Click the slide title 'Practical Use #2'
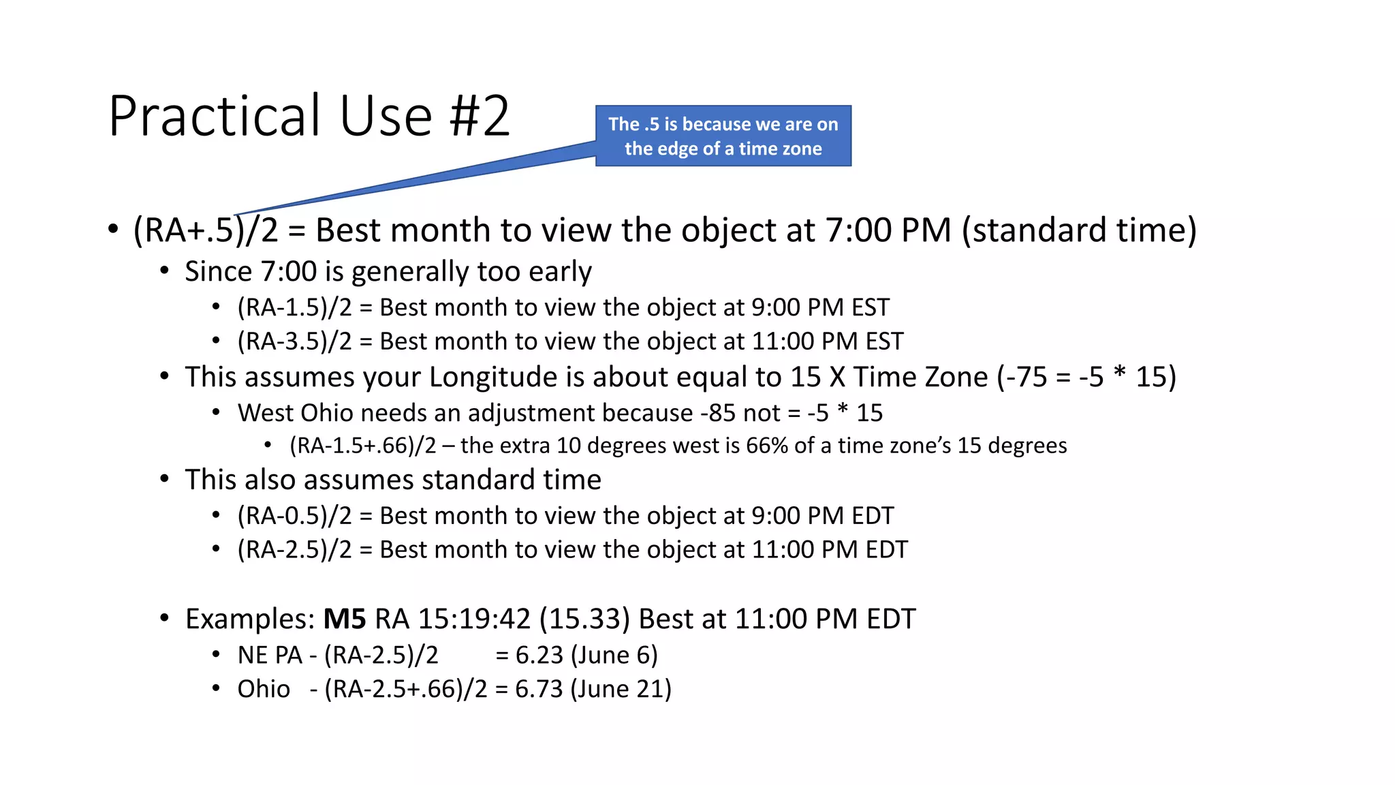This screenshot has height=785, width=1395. click(309, 116)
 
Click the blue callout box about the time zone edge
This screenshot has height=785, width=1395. click(723, 136)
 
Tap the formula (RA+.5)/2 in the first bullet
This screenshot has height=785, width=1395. click(206, 230)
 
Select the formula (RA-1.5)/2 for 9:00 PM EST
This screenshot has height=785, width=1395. click(294, 307)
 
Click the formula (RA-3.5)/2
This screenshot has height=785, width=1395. click(294, 341)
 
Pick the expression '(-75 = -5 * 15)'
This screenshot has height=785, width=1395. click(1086, 377)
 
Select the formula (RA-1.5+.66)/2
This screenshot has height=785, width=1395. click(362, 446)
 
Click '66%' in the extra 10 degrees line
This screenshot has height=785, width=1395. click(766, 446)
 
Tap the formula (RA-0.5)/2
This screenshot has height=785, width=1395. click(294, 516)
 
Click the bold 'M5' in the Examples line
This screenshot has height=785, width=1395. click(344, 619)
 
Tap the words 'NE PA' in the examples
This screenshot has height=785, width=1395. click(270, 655)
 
